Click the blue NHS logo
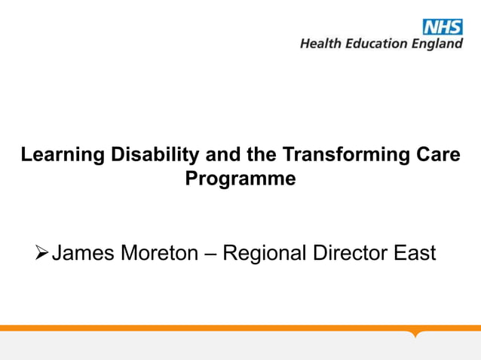click(x=443, y=27)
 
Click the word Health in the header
click(x=320, y=44)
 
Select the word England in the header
click(x=437, y=44)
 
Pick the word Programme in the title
click(x=240, y=180)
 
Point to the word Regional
click(x=265, y=253)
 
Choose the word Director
click(x=349, y=253)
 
